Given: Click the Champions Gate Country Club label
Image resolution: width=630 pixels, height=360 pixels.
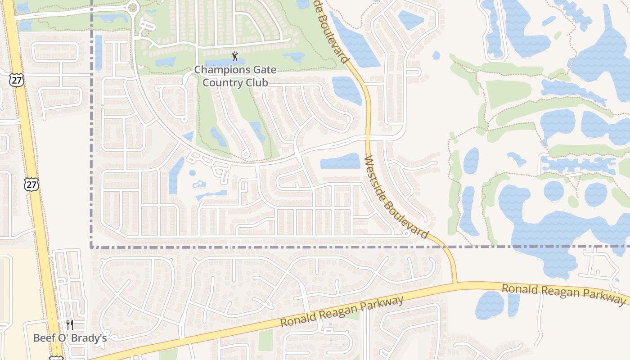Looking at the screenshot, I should coord(235,76).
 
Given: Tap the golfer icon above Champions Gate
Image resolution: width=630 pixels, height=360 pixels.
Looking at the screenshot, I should coord(234,56).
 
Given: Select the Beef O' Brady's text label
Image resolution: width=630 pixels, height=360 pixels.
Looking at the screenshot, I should coord(70,338).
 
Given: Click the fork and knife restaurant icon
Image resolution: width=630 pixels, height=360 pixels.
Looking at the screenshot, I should coord(69,325).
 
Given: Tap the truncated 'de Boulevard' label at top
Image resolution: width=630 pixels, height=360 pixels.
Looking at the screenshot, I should coord(333,29).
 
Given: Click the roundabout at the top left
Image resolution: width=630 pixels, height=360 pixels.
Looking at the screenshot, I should coord(133,7).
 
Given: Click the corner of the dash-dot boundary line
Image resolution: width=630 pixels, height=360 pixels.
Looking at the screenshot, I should coord(91,247).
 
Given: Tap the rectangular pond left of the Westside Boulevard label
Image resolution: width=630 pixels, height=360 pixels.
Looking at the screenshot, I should coord(340,161).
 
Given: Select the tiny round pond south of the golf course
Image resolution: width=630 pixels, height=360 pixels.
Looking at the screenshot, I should coord(193,173).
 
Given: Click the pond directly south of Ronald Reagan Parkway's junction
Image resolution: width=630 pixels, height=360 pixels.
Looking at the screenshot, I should coord(490,305).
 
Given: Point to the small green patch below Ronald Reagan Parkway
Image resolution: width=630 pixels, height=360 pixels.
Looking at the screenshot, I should coord(265,340).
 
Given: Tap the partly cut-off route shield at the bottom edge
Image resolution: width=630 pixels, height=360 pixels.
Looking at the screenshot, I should coord(56,358).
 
